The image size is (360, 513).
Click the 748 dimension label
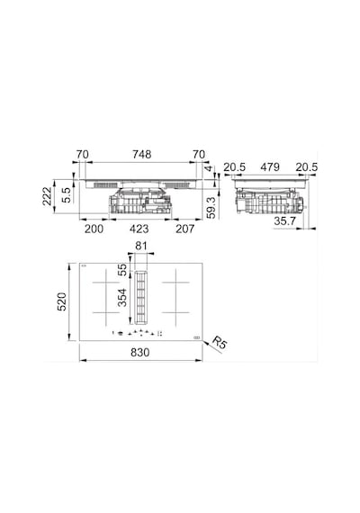(x=141, y=154)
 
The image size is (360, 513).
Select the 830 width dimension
(x=140, y=353)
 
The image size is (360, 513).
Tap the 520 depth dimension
(x=62, y=301)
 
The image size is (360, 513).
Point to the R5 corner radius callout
(x=220, y=343)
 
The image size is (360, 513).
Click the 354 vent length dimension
(x=122, y=297)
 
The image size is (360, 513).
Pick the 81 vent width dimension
(x=141, y=246)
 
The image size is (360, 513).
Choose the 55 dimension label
(x=122, y=270)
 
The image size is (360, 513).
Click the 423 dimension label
(x=139, y=229)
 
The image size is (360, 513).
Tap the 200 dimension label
(x=94, y=229)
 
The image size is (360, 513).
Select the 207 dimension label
(x=184, y=229)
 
